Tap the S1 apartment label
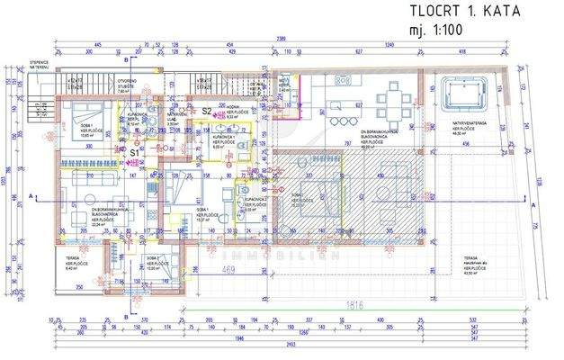pos(134,153)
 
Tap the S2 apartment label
pos(206,111)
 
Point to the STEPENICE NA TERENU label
pos(15,66)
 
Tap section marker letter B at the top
pos(130,58)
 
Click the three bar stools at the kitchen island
pos(340,121)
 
